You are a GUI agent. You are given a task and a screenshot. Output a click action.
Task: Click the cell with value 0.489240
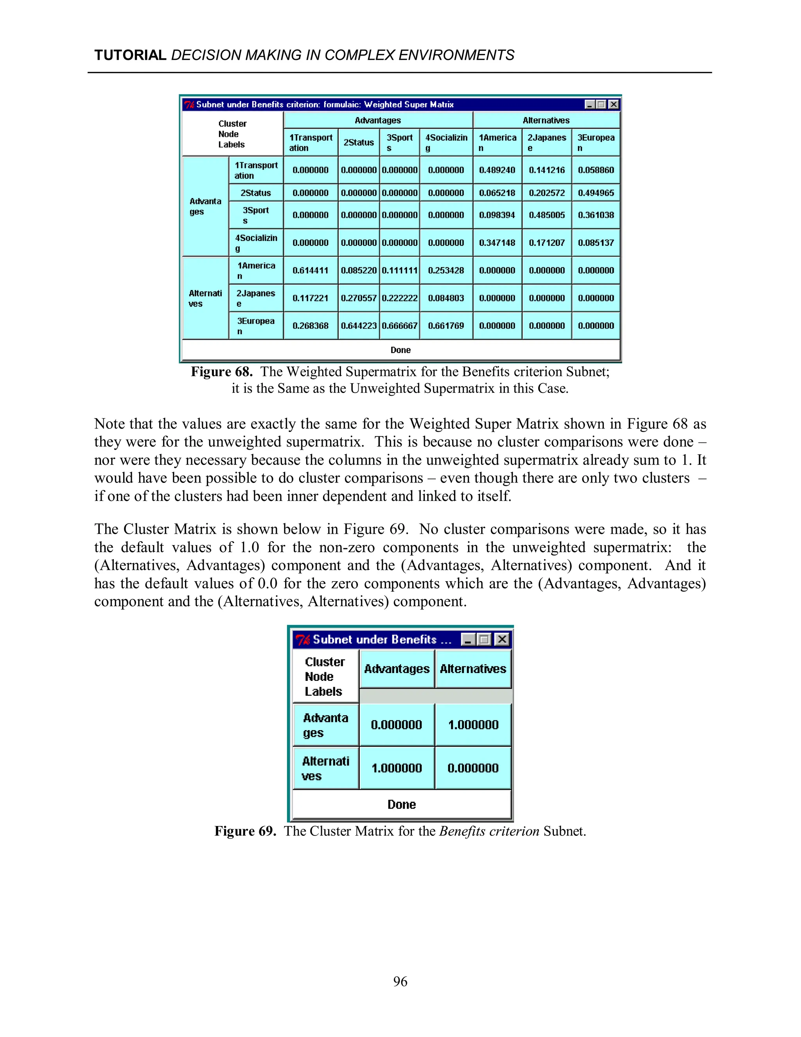pos(497,170)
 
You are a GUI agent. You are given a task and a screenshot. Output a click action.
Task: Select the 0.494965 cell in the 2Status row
pos(596,193)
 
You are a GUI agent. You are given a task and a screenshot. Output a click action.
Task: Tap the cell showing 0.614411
pos(310,270)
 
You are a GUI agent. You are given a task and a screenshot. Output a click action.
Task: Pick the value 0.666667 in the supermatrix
pos(400,326)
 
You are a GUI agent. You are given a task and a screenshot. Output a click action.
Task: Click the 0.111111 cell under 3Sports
pos(400,270)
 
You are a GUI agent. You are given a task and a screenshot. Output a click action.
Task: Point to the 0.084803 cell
pos(445,298)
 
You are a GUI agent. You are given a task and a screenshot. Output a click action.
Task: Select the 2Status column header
pos(359,142)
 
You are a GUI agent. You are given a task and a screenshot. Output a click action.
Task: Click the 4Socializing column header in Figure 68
pos(446,142)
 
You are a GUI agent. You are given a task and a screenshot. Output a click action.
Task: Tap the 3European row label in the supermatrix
pos(256,326)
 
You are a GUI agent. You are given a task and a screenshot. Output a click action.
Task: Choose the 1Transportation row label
pos(256,170)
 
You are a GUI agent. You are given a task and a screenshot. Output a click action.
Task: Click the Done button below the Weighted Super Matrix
pos(400,350)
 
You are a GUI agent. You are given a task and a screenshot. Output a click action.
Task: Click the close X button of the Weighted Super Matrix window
pos(614,104)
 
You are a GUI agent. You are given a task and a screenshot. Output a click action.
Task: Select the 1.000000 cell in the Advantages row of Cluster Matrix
pos(473,725)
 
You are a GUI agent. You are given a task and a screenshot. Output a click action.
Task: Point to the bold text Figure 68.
pos(221,371)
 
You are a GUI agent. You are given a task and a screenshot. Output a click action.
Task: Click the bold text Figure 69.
pos(245,831)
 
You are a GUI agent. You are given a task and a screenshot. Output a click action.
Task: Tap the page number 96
pos(400,981)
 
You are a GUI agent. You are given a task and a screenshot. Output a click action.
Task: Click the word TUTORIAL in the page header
pos(130,55)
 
